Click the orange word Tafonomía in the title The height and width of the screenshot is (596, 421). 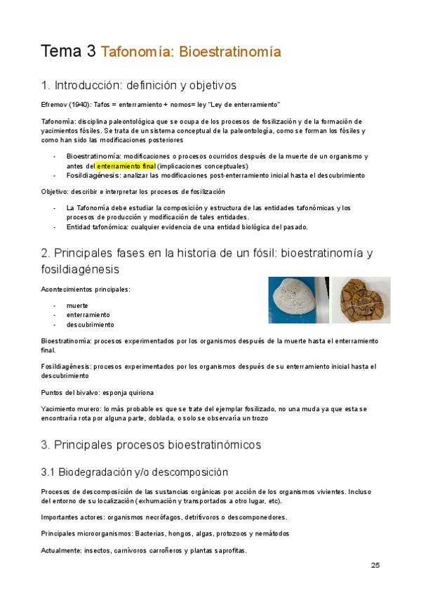(138, 51)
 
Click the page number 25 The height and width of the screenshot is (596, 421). (375, 565)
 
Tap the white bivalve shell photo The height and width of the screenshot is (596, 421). (299, 299)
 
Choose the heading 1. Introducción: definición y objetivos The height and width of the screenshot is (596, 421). (139, 86)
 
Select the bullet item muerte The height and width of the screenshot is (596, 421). (77, 306)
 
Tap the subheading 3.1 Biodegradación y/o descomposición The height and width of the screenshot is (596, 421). (135, 471)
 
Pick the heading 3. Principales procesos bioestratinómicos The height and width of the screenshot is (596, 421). (151, 445)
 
